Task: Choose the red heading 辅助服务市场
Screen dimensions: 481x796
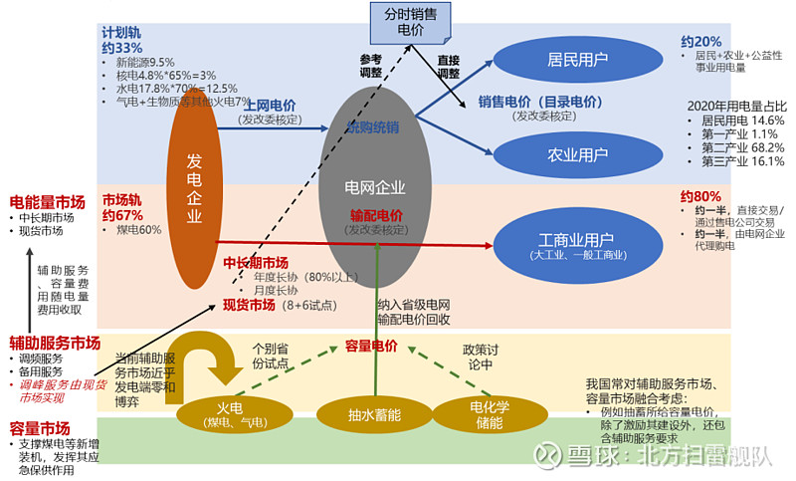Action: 55,341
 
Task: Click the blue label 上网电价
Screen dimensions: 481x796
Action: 268,104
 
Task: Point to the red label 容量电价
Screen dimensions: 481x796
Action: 371,346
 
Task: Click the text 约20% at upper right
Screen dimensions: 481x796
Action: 701,41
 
